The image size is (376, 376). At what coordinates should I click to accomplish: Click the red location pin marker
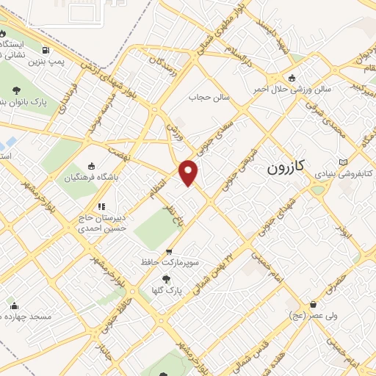[189, 173]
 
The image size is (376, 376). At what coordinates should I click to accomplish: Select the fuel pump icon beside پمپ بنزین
[46, 51]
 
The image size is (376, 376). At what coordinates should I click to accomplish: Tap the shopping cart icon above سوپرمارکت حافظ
[170, 250]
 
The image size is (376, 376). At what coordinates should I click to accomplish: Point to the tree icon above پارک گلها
[166, 279]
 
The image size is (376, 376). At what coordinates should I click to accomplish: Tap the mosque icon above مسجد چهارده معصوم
[15, 306]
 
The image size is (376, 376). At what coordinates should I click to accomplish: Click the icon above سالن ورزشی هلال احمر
[293, 78]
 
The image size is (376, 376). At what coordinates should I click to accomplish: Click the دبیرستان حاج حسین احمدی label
[104, 223]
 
